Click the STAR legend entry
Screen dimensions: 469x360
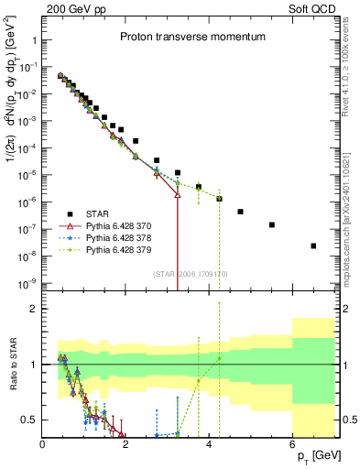98,213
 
